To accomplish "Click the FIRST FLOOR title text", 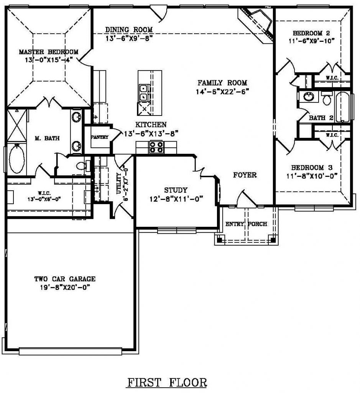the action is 167,383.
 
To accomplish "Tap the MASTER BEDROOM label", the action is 49,52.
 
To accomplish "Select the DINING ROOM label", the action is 129,30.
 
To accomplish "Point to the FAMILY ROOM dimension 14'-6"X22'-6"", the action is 222,92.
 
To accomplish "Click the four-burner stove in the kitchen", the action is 156,147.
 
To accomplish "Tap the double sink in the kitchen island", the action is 143,92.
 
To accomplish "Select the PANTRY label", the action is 100,137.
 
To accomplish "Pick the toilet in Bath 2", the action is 327,98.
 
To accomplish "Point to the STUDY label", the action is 176,190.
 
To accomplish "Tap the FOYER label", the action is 245,175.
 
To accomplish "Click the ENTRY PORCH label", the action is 247,224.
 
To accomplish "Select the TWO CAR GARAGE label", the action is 65,279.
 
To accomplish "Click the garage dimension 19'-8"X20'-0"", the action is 65,287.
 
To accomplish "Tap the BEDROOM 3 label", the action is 312,167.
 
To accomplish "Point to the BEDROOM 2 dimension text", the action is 312,41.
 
